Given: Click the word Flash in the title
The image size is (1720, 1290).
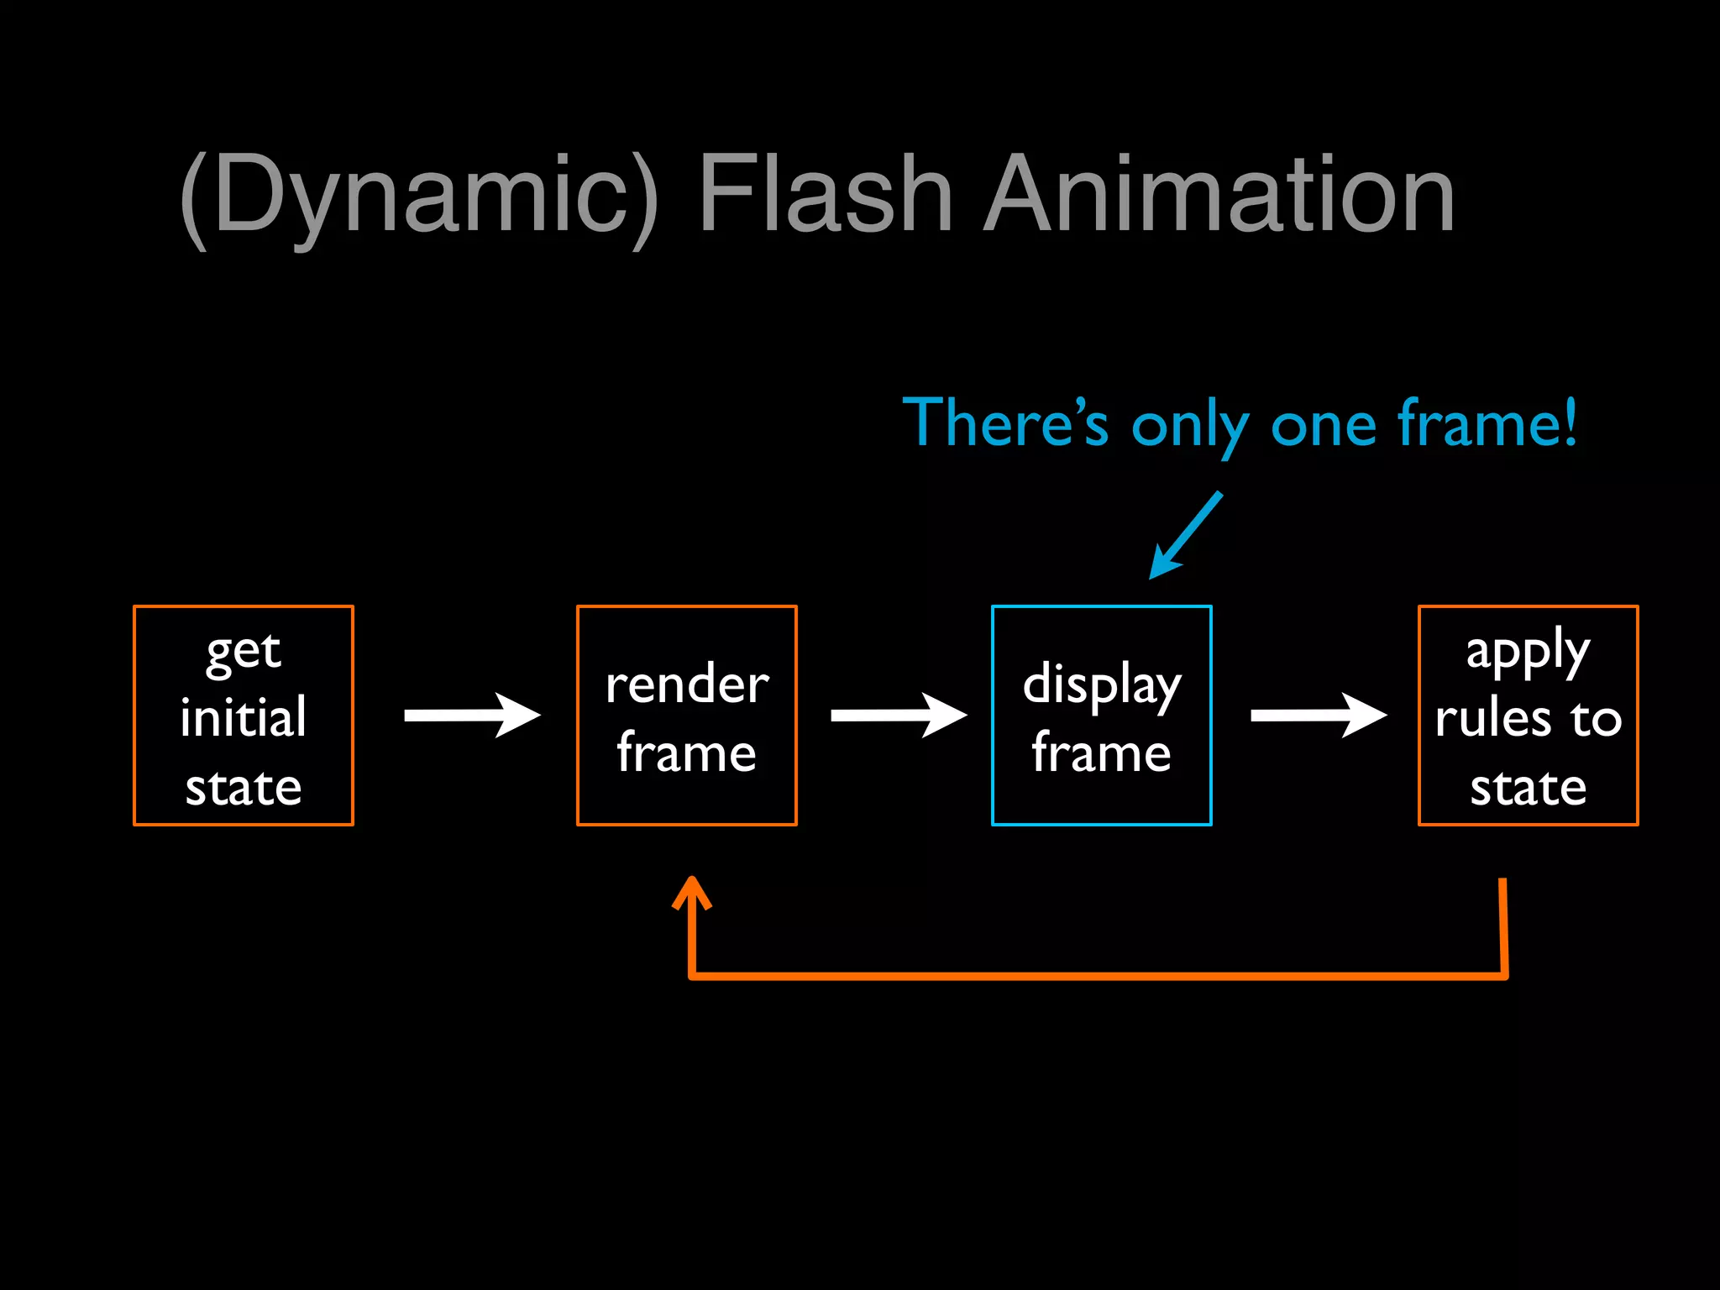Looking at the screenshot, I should pyautogui.click(x=825, y=195).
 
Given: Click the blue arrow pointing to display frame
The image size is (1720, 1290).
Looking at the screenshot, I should pyautogui.click(x=1184, y=537).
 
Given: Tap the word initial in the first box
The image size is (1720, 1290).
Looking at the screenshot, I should pyautogui.click(x=244, y=718).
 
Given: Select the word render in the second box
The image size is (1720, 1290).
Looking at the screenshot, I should pyautogui.click(x=687, y=684).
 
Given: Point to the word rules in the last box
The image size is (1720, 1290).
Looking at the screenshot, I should pyautogui.click(x=1492, y=719).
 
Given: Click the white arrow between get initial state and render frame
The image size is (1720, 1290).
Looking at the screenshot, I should pyautogui.click(x=472, y=716).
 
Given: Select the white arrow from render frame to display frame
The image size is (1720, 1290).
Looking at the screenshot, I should pyautogui.click(x=899, y=716).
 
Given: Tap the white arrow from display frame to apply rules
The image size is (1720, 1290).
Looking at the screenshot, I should pyautogui.click(x=1319, y=716).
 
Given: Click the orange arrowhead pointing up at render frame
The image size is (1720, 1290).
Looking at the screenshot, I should pyautogui.click(x=691, y=892).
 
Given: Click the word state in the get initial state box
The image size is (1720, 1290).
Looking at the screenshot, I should pyautogui.click(x=244, y=788).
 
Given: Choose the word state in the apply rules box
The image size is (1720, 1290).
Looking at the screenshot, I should pyautogui.click(x=1528, y=788).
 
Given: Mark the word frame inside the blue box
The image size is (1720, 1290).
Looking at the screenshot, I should pyautogui.click(x=1102, y=752).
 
